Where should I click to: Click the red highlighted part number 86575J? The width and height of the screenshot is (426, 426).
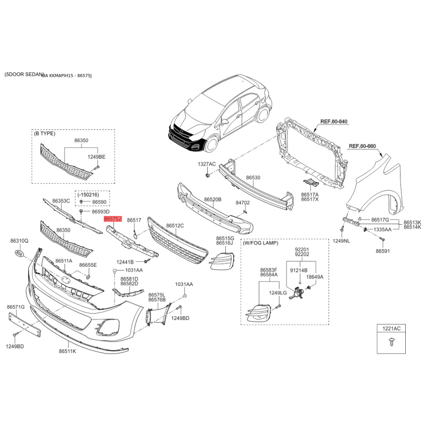(113, 219)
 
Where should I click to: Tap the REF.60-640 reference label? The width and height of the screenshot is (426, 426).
(334, 122)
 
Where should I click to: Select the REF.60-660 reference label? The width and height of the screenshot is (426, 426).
(362, 146)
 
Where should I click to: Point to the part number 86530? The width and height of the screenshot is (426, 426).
(253, 177)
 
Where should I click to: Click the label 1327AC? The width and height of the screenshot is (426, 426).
(207, 163)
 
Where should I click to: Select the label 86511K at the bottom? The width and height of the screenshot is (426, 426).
(68, 351)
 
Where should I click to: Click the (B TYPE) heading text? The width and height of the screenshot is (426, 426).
(44, 133)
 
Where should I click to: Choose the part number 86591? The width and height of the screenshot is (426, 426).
(383, 251)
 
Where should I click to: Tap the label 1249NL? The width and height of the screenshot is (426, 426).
(341, 241)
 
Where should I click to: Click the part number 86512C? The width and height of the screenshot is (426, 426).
(175, 226)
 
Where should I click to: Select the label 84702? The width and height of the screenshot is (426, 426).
(243, 203)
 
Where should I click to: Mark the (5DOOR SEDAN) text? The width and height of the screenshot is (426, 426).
(22, 75)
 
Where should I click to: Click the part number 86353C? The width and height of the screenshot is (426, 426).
(61, 201)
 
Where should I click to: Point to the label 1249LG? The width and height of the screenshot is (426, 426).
(277, 293)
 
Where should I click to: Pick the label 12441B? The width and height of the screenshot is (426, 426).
(125, 261)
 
